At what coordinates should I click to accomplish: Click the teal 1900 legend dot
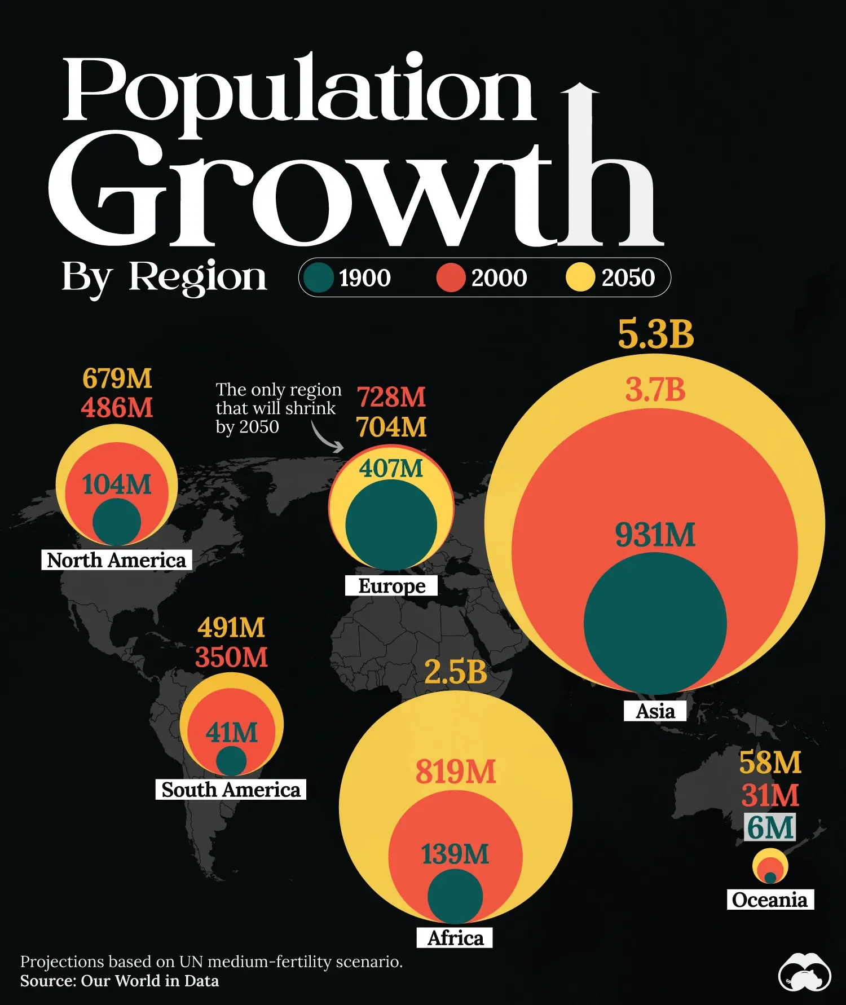pyautogui.click(x=319, y=277)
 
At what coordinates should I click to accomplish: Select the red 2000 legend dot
pyautogui.click(x=451, y=277)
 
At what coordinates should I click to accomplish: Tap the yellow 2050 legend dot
pyautogui.click(x=580, y=277)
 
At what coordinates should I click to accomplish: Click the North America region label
pyautogui.click(x=116, y=560)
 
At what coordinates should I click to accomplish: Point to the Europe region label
pyautogui.click(x=391, y=585)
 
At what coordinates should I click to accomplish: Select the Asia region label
pyautogui.click(x=655, y=711)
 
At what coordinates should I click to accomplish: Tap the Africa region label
pyautogui.click(x=455, y=938)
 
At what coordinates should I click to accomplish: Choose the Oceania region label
pyautogui.click(x=770, y=900)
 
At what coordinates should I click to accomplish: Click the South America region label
pyautogui.click(x=231, y=790)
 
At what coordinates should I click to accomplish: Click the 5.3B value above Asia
pyautogui.click(x=655, y=334)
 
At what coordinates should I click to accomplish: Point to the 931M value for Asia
pyautogui.click(x=655, y=535)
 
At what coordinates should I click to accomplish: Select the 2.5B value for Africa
pyautogui.click(x=455, y=672)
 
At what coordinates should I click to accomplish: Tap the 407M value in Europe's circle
pyautogui.click(x=391, y=468)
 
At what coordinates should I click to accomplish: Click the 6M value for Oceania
pyautogui.click(x=770, y=827)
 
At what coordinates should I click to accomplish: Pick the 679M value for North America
pyautogui.click(x=117, y=378)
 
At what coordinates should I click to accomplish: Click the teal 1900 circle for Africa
pyautogui.click(x=455, y=896)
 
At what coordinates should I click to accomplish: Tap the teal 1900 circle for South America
pyautogui.click(x=231, y=761)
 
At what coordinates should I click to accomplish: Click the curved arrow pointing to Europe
pyautogui.click(x=327, y=438)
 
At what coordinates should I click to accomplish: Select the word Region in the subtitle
pyautogui.click(x=197, y=276)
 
